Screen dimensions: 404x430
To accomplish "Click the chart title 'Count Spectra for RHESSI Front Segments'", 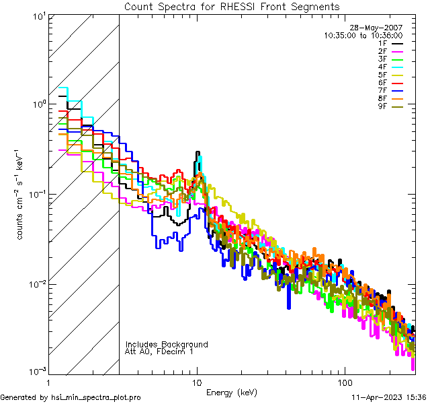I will [x=232, y=7].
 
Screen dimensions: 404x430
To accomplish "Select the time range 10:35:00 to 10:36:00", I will [x=363, y=35].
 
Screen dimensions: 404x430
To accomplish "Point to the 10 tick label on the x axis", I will [x=196, y=382].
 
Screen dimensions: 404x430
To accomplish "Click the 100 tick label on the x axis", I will [x=344, y=382].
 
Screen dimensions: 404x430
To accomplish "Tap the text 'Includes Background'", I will [x=167, y=344].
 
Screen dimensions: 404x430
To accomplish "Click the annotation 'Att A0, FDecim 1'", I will [x=159, y=351].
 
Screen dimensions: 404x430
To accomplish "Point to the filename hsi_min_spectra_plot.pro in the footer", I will [x=96, y=397].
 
